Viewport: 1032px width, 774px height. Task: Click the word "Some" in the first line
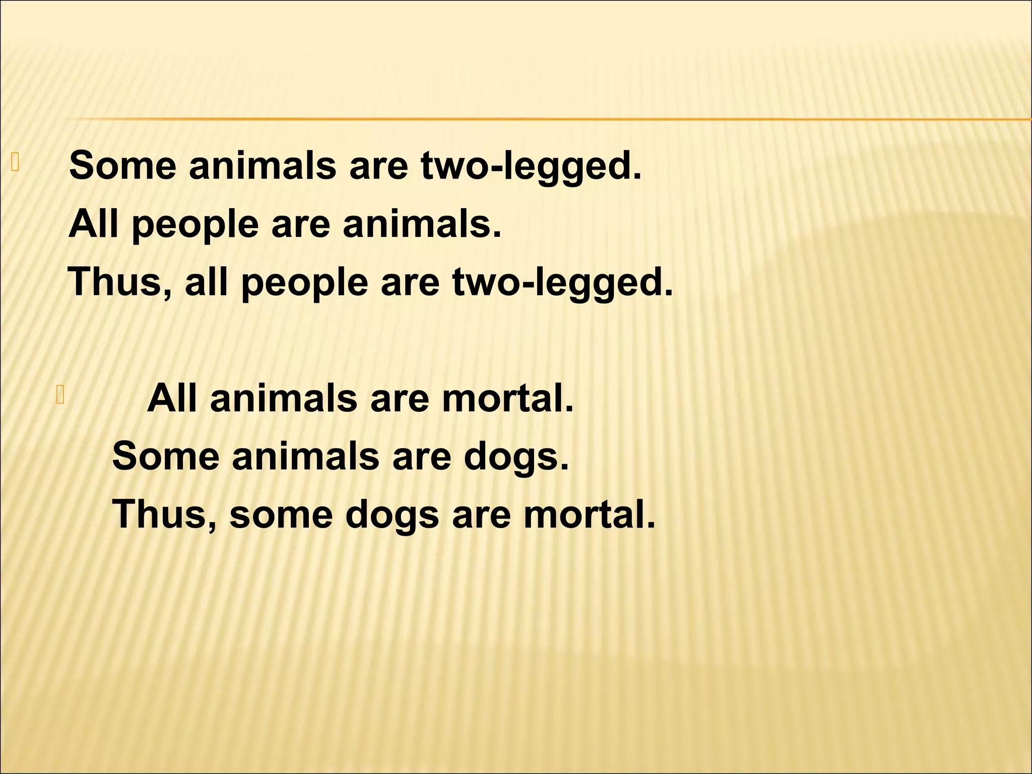click(x=122, y=165)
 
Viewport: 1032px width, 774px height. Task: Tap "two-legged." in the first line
click(x=531, y=166)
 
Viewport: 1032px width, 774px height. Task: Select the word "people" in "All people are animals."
click(x=195, y=225)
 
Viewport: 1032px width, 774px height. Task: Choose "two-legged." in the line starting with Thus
click(x=562, y=283)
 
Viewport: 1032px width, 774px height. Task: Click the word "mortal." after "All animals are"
click(x=507, y=399)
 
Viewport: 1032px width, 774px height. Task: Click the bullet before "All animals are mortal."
click(x=60, y=395)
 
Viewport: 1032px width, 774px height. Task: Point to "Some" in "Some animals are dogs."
click(x=166, y=457)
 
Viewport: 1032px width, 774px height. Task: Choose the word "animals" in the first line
click(x=262, y=165)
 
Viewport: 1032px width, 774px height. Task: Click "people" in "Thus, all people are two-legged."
click(x=305, y=283)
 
